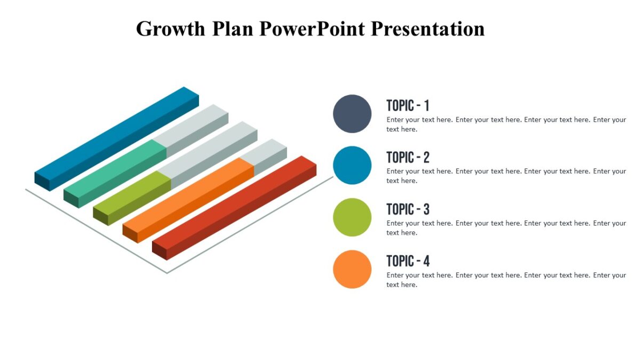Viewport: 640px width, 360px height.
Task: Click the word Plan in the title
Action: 234,29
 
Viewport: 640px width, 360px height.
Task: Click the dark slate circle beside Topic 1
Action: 352,114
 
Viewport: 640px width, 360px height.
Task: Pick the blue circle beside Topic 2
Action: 352,165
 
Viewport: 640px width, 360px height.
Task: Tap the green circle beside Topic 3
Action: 352,217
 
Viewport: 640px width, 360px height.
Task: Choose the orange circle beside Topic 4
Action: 352,269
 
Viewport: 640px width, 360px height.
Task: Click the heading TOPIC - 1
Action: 407,105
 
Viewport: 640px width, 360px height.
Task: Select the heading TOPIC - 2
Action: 407,157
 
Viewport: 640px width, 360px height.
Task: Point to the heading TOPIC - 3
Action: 407,209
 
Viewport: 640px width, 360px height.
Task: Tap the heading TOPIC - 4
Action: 407,261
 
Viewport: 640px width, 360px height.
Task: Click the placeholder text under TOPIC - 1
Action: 506,124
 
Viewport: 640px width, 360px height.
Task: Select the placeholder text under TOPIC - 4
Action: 506,280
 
